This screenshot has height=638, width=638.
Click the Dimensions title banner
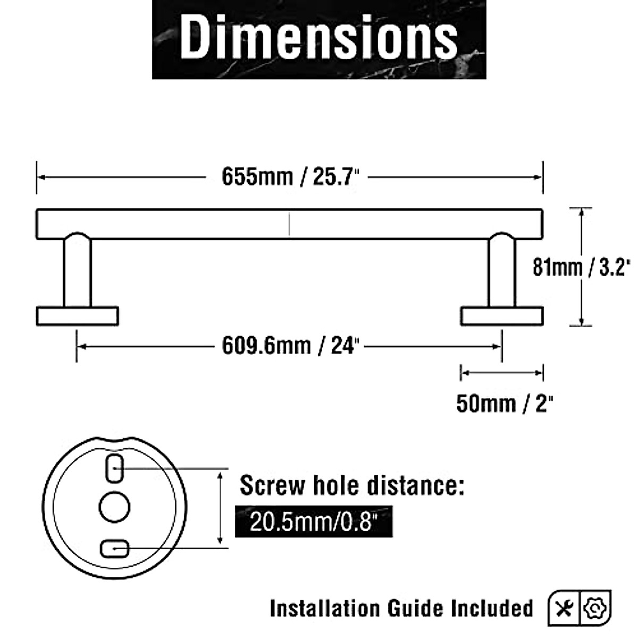click(319, 39)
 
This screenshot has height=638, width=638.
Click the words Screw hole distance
click(351, 485)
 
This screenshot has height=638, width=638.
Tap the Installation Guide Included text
click(401, 608)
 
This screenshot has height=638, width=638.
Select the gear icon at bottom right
click(597, 607)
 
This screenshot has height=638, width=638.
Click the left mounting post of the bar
click(77, 271)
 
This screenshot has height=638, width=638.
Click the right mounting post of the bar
click(502, 271)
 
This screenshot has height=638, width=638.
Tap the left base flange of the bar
click(77, 316)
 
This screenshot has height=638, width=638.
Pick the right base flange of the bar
click(502, 316)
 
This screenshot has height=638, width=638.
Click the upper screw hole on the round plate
click(115, 468)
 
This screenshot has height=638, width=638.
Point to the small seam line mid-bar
click(289, 224)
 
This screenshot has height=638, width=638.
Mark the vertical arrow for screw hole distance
click(220, 508)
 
